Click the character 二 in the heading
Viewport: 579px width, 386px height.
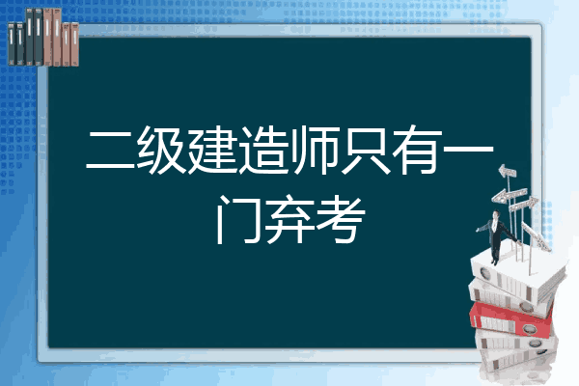pyautogui.click(x=110, y=151)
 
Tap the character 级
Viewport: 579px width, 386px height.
pyautogui.click(x=161, y=151)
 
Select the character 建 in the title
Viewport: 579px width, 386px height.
pyautogui.click(x=212, y=151)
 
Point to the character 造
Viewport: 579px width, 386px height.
pyautogui.click(x=263, y=151)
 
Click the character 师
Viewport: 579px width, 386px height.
pyautogui.click(x=315, y=151)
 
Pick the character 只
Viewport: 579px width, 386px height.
pyautogui.click(x=366, y=151)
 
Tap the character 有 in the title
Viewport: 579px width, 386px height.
pyautogui.click(x=417, y=151)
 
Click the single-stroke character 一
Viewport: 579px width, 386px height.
pyautogui.click(x=468, y=150)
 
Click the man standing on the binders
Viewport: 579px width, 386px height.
pyautogui.click(x=497, y=236)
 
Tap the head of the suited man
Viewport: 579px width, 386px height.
pyautogui.click(x=496, y=214)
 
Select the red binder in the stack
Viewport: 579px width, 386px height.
pyautogui.click(x=510, y=319)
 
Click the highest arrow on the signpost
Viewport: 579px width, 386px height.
pyautogui.click(x=508, y=171)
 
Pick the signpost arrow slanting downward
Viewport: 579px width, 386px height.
pyautogui.click(x=536, y=236)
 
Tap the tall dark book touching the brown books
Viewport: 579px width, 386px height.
pyautogui.click(x=39, y=37)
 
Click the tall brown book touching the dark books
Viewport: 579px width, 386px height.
pyautogui.click(x=47, y=37)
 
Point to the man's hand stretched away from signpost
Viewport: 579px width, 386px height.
pyautogui.click(x=478, y=230)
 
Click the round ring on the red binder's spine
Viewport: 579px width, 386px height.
pyautogui.click(x=529, y=328)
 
